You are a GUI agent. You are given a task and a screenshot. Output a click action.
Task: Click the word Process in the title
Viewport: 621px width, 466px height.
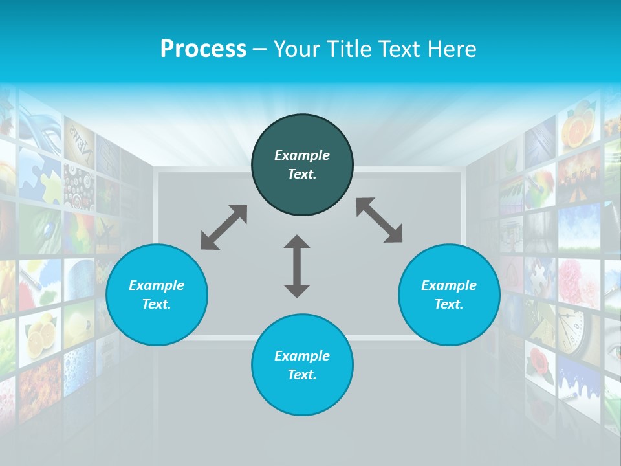(x=203, y=49)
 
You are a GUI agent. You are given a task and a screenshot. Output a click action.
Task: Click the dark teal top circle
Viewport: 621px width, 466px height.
(x=302, y=165)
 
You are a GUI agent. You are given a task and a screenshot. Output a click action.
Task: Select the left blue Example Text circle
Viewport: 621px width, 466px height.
(x=157, y=294)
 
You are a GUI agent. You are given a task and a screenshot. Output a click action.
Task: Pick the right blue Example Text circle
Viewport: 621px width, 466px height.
(x=449, y=294)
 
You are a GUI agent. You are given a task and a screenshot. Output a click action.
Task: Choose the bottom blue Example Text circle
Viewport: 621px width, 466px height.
(x=302, y=365)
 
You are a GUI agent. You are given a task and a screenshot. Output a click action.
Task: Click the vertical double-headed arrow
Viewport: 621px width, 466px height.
(x=297, y=266)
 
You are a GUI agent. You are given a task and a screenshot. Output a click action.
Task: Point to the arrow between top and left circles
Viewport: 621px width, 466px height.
(x=224, y=227)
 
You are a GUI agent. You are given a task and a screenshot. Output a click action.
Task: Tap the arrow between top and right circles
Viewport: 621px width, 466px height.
(x=379, y=220)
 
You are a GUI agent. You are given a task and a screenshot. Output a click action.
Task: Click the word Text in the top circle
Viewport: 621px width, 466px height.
(x=302, y=174)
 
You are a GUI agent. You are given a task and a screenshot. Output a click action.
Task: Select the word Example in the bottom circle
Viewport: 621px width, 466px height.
(x=302, y=356)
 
